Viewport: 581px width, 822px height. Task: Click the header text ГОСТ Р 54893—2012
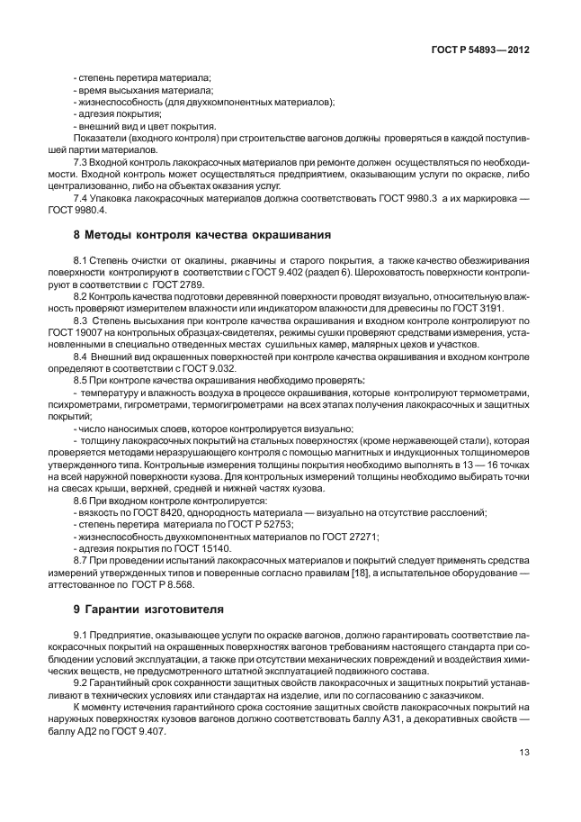click(483, 51)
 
